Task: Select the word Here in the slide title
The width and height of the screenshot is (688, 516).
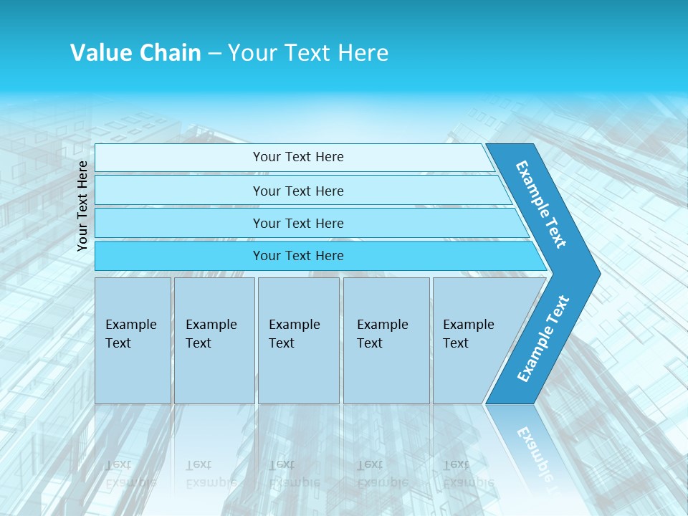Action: [363, 52]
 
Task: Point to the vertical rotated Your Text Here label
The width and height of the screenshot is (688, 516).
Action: [82, 206]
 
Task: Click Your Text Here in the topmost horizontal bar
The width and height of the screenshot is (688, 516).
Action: [298, 157]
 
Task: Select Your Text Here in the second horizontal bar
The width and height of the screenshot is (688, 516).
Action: [298, 191]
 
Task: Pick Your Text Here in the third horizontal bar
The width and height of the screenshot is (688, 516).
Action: [298, 223]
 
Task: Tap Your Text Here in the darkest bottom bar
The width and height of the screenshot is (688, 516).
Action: [298, 256]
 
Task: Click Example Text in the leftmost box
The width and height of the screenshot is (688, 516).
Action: [130, 334]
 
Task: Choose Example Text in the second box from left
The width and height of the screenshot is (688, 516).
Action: [211, 334]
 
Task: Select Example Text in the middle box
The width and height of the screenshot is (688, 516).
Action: [294, 334]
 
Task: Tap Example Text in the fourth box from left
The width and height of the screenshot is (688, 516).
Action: [382, 334]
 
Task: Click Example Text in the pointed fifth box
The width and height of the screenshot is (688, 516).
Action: [468, 334]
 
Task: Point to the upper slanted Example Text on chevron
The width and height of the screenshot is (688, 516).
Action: [541, 204]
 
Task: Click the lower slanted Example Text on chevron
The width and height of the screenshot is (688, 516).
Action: [543, 338]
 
